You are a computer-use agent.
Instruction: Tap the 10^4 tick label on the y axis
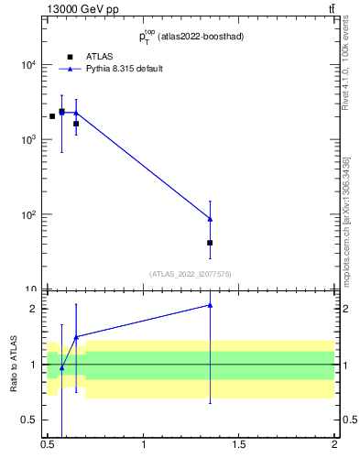pos(27,65)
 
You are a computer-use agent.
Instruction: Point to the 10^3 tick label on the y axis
pos(27,140)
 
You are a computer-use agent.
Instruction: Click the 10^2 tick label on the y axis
pos(27,215)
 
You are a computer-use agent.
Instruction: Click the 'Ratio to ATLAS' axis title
pos(14,365)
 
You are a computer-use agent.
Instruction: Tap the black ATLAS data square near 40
pos(210,243)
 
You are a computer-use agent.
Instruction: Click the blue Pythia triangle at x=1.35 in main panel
pos(210,219)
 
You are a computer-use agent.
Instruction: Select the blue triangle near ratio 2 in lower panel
pos(210,305)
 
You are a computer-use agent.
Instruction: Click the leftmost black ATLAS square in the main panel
pos(52,116)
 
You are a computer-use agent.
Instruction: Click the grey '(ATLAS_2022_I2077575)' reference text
pos(191,273)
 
